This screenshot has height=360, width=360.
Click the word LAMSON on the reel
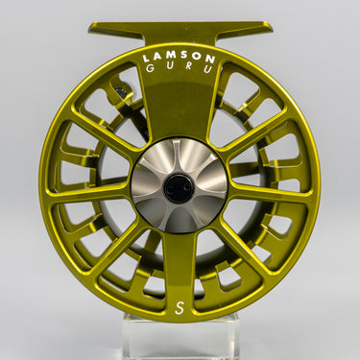click(179, 58)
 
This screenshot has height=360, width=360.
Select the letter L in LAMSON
click(146, 59)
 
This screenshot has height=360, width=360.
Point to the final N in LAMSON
click(210, 59)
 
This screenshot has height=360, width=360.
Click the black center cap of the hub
click(179, 188)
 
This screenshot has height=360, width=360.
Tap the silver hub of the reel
click(179, 185)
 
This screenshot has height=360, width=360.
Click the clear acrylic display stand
click(180, 336)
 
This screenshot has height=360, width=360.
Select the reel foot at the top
click(180, 32)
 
